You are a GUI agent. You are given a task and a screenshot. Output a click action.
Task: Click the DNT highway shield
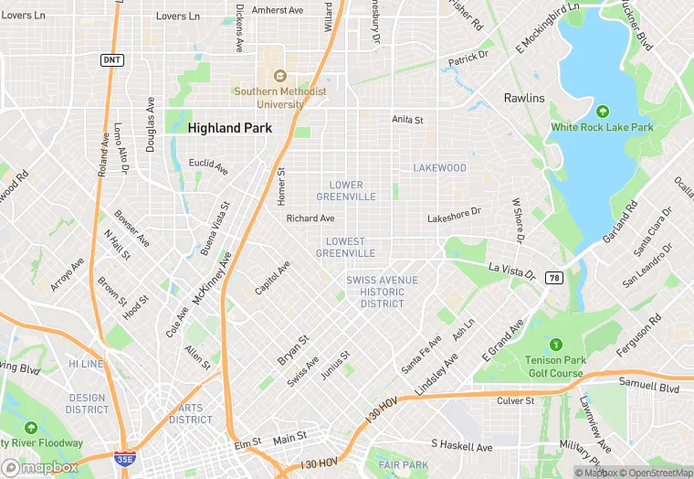coord(110,59)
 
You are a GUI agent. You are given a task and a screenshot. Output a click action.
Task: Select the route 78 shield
coord(553,277)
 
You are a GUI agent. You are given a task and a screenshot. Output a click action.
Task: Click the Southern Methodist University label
coord(268,98)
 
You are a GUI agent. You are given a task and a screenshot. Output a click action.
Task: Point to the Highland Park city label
coord(229,129)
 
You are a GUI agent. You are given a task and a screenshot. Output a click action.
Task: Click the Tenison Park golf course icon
coord(554,345)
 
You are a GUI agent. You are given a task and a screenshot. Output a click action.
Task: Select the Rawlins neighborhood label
coord(523,98)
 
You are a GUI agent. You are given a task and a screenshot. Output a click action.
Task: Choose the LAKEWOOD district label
coord(439,168)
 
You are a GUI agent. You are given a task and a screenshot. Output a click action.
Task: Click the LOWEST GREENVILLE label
coord(346,247)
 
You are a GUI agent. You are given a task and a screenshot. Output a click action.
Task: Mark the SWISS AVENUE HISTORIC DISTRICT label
coord(382,291)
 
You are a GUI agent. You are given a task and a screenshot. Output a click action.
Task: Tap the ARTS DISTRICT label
coord(191,414)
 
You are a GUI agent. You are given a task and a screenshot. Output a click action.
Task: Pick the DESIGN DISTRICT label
coord(88,403)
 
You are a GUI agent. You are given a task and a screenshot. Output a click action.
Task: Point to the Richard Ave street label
coord(310,218)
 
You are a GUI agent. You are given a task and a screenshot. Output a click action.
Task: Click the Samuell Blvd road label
coord(649,388)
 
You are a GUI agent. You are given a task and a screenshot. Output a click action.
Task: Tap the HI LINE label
coord(87,364)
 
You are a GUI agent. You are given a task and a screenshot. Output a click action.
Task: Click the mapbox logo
coord(40,466)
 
